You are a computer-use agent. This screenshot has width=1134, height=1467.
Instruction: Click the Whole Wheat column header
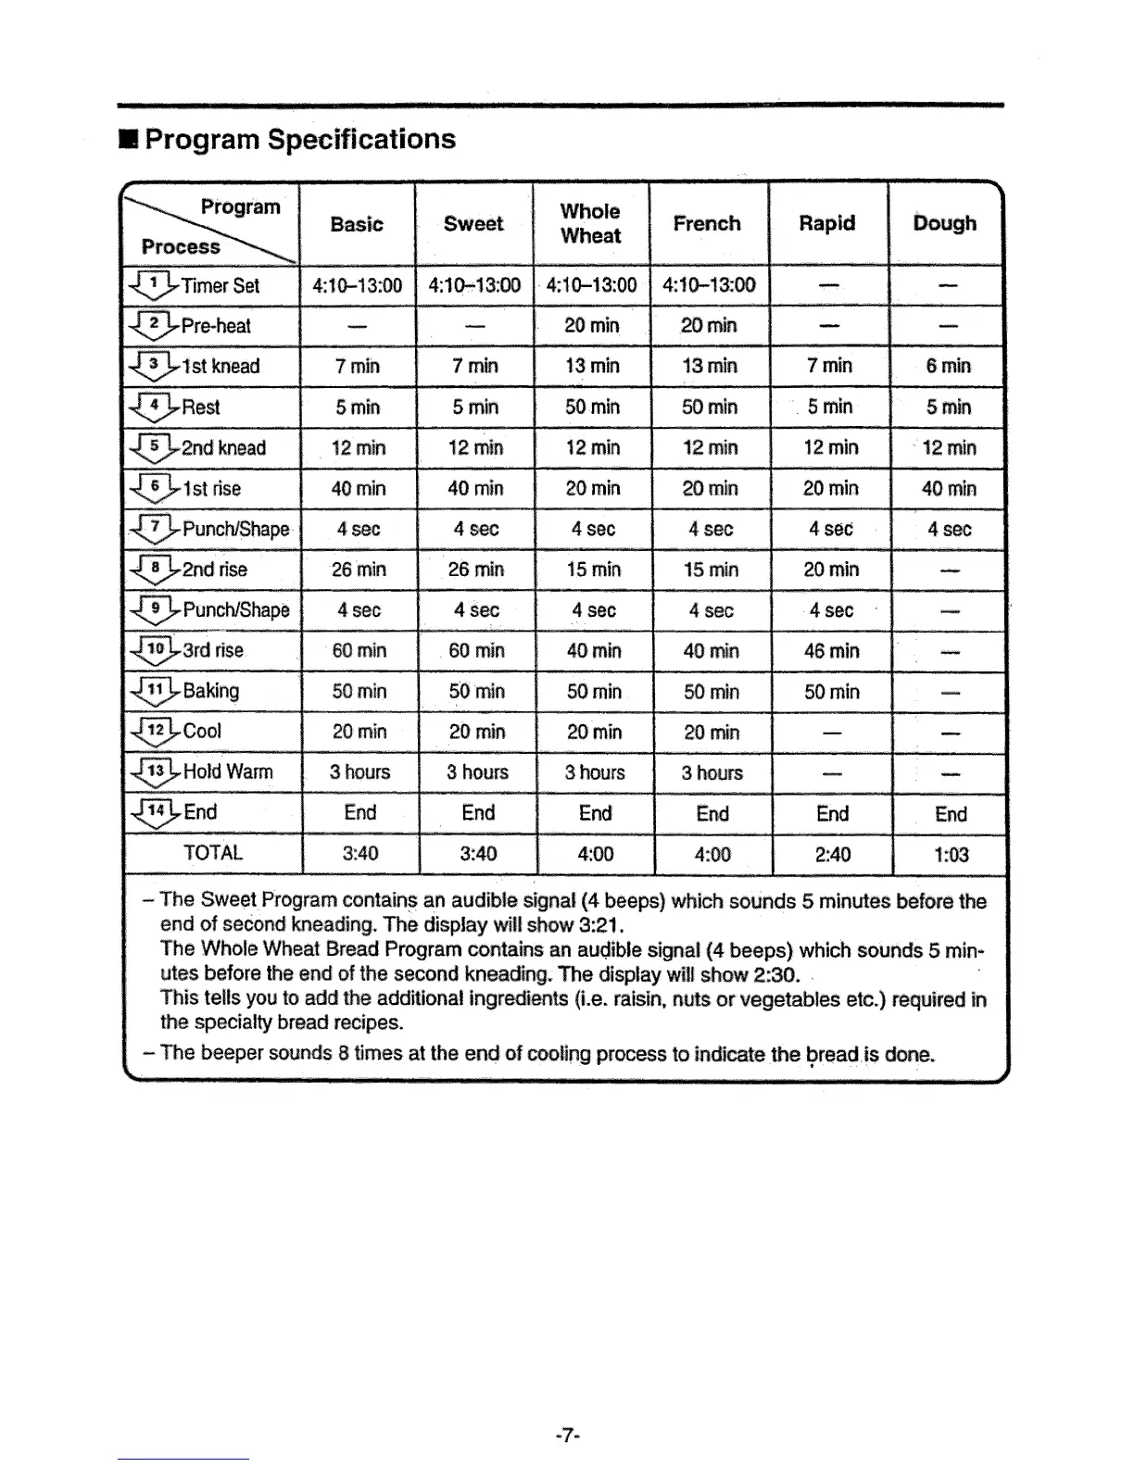590,223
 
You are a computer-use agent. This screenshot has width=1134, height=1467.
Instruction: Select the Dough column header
944,223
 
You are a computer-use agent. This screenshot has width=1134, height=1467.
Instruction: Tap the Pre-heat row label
215,326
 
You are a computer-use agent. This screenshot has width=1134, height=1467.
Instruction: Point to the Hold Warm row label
227,771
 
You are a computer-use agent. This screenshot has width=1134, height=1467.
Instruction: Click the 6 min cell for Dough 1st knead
949,366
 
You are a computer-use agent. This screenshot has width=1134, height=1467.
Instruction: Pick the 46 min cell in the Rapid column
831,651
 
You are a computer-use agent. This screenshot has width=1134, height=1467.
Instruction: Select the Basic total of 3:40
359,854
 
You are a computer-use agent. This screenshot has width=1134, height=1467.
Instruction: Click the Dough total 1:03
950,855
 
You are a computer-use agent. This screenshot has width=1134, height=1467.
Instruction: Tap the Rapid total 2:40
832,855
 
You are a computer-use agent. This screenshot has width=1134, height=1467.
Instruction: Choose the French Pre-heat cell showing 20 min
709,325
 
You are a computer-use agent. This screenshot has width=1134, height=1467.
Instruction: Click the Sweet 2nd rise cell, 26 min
475,570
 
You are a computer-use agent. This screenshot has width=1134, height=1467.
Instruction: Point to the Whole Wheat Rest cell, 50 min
592,407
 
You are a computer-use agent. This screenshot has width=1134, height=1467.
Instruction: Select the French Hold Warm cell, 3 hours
712,772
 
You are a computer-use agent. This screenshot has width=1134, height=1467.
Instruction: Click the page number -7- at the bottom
567,1436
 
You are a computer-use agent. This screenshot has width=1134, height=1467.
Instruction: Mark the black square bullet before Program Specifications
129,140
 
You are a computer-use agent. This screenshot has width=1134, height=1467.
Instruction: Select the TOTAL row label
213,853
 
